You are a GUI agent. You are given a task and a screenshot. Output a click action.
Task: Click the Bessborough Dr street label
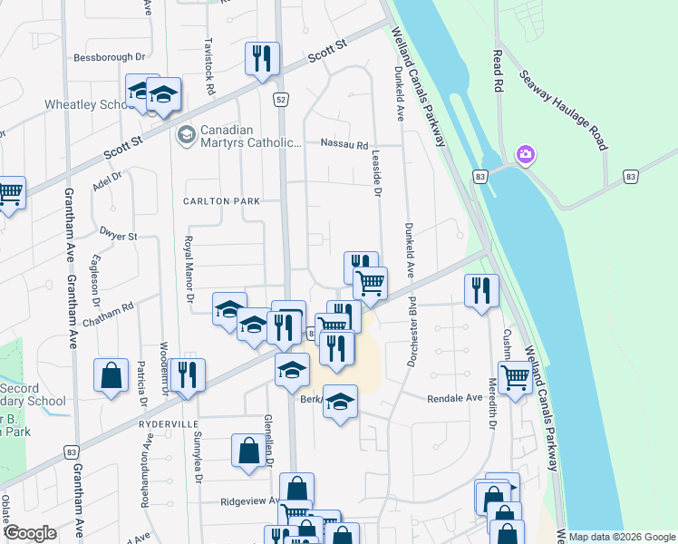(110, 56)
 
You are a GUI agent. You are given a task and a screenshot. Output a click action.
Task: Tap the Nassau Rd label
(344, 144)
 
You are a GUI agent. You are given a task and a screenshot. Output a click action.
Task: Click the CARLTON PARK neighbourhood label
(221, 201)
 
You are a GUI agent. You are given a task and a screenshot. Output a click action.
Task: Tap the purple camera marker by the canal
(525, 156)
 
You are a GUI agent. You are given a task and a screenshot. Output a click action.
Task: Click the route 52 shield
(282, 98)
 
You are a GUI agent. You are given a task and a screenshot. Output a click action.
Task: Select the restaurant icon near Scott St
(261, 59)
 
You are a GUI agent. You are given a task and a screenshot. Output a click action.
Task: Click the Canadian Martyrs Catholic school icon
(187, 135)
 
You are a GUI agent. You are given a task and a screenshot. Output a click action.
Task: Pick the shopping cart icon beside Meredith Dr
(514, 375)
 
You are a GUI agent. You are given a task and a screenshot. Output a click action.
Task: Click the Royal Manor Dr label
(189, 269)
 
